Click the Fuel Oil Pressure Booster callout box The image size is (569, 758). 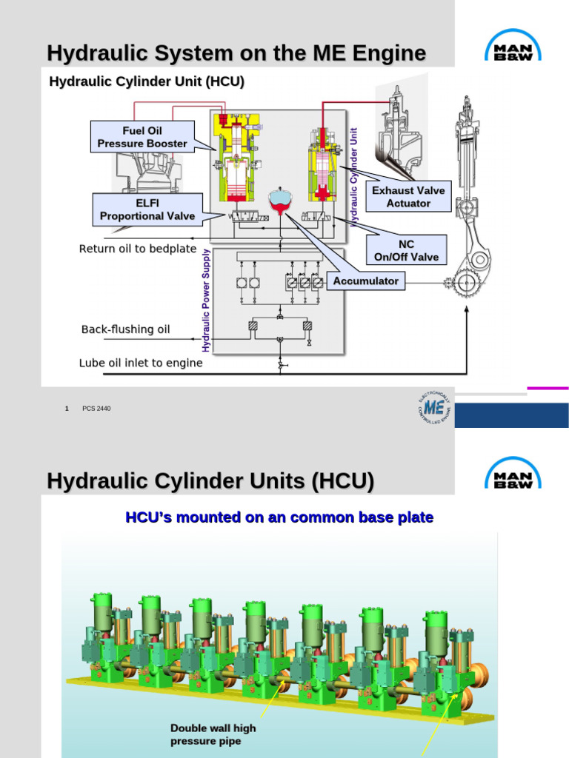pos(143,137)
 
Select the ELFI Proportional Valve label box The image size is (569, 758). pos(147,209)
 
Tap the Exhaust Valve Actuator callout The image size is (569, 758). pos(408,196)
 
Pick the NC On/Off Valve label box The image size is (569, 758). pos(407,250)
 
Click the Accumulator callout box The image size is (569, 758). pos(366,281)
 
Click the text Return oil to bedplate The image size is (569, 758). pos(138,249)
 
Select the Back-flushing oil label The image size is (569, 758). pos(126,329)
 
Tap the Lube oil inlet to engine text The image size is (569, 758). pos(141,363)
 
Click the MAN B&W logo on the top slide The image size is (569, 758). pos(512,50)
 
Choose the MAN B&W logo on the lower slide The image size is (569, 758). pos(512,472)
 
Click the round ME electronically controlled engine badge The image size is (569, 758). pos(434,409)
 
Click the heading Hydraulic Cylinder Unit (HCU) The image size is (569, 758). pos(147,81)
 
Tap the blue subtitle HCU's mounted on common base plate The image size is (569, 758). pos(279,517)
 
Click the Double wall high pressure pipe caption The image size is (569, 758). pos(213,734)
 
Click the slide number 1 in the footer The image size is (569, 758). pos(67,409)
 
